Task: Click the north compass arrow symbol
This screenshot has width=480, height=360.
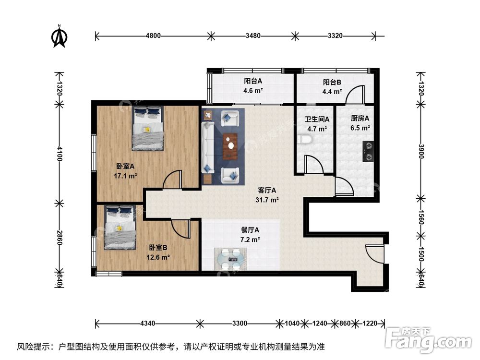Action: pyautogui.click(x=60, y=37)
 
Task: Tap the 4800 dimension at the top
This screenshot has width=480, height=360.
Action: pyautogui.click(x=153, y=36)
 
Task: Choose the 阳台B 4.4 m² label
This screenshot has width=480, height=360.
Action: pyautogui.click(x=332, y=86)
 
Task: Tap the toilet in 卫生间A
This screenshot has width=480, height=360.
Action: pyautogui.click(x=304, y=140)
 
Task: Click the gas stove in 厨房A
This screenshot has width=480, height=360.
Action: pyautogui.click(x=368, y=149)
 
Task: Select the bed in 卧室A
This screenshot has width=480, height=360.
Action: pyautogui.click(x=148, y=128)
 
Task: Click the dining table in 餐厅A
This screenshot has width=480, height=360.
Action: pyautogui.click(x=231, y=259)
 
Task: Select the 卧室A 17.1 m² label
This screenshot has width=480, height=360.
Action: pyautogui.click(x=126, y=171)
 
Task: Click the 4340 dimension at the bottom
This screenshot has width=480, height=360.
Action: pyautogui.click(x=147, y=324)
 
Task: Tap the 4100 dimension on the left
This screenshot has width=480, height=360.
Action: pyautogui.click(x=60, y=155)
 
